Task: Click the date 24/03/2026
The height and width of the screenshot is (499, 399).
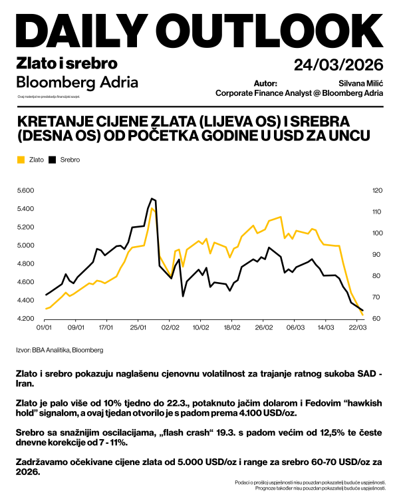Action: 338,65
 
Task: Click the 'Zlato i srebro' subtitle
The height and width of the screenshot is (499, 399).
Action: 66,64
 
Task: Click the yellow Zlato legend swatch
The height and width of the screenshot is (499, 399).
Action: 20,160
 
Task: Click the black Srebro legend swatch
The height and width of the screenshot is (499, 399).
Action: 53,160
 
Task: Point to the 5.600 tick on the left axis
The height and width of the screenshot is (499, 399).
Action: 25,191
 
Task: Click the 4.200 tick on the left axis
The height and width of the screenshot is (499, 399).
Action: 25,319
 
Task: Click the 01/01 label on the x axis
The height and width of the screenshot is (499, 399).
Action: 44,328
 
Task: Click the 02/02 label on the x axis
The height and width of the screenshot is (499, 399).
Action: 170,328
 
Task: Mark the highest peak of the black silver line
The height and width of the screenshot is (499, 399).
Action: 152,198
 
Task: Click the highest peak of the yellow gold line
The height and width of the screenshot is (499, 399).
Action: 152,208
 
